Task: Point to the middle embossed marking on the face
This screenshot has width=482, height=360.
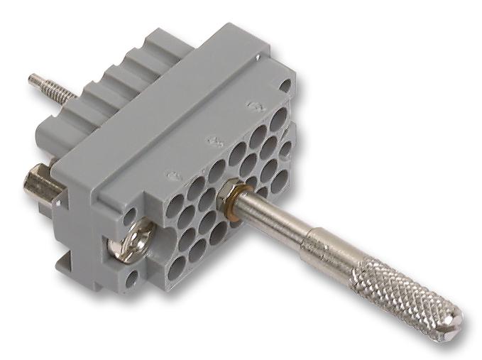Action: click(x=210, y=140)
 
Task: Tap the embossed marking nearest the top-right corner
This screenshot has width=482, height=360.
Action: click(x=250, y=107)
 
